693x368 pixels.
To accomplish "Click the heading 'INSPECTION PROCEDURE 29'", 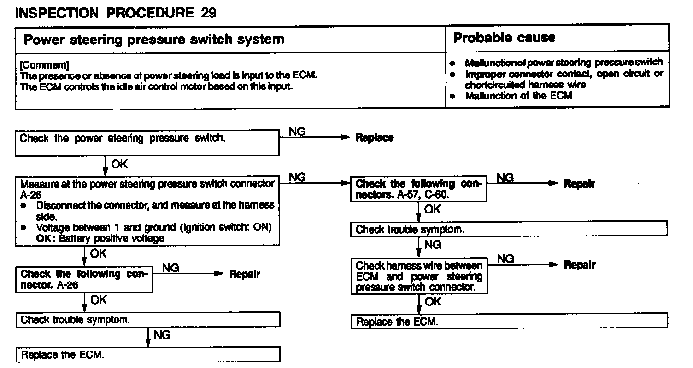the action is coord(115,13).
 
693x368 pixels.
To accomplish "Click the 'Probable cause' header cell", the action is coord(505,38).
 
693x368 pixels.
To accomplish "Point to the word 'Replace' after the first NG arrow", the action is coord(375,138).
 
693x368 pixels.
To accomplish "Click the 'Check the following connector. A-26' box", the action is coord(84,279).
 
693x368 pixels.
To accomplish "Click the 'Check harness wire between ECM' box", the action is coord(418,276).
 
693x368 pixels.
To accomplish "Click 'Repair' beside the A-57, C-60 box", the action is coord(579,184).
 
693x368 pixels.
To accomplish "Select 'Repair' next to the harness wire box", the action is coord(579,265).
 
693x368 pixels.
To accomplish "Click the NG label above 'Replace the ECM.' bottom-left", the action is coord(162,335).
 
